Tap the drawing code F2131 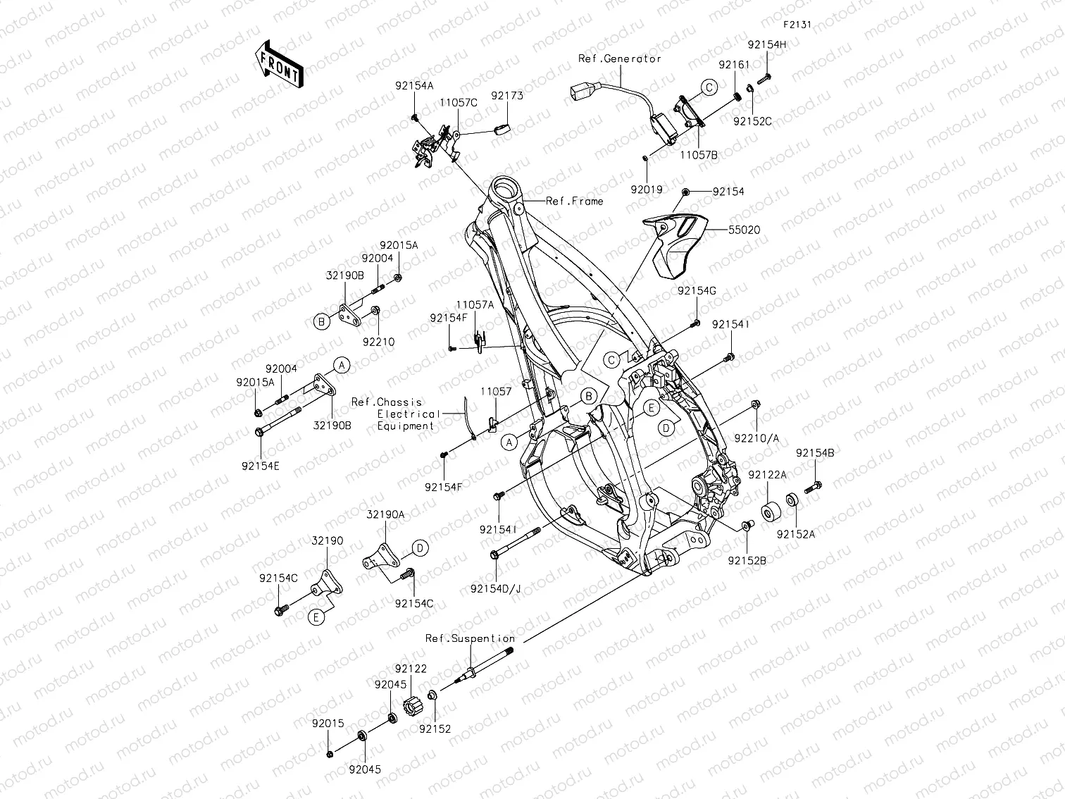click(x=797, y=24)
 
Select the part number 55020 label click(x=745, y=230)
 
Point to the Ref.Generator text click(x=620, y=58)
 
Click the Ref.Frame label click(x=575, y=201)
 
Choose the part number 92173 click(x=507, y=96)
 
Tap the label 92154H click(x=767, y=44)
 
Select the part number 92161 click(x=734, y=65)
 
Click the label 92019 click(x=647, y=190)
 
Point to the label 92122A click(x=767, y=475)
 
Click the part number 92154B click(x=815, y=453)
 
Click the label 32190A click(x=385, y=514)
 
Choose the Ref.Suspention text click(x=470, y=638)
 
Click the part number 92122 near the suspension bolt click(x=411, y=668)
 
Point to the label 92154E click(x=260, y=465)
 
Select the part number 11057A click(x=475, y=304)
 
